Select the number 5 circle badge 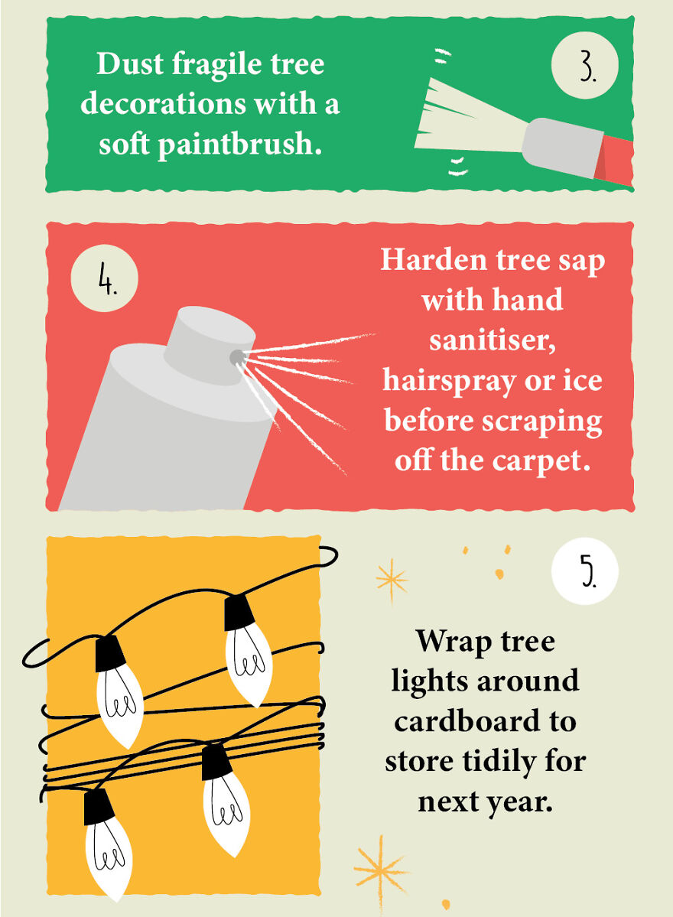coord(585,572)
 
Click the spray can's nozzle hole coord(236,356)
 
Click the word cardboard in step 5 coord(485,720)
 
